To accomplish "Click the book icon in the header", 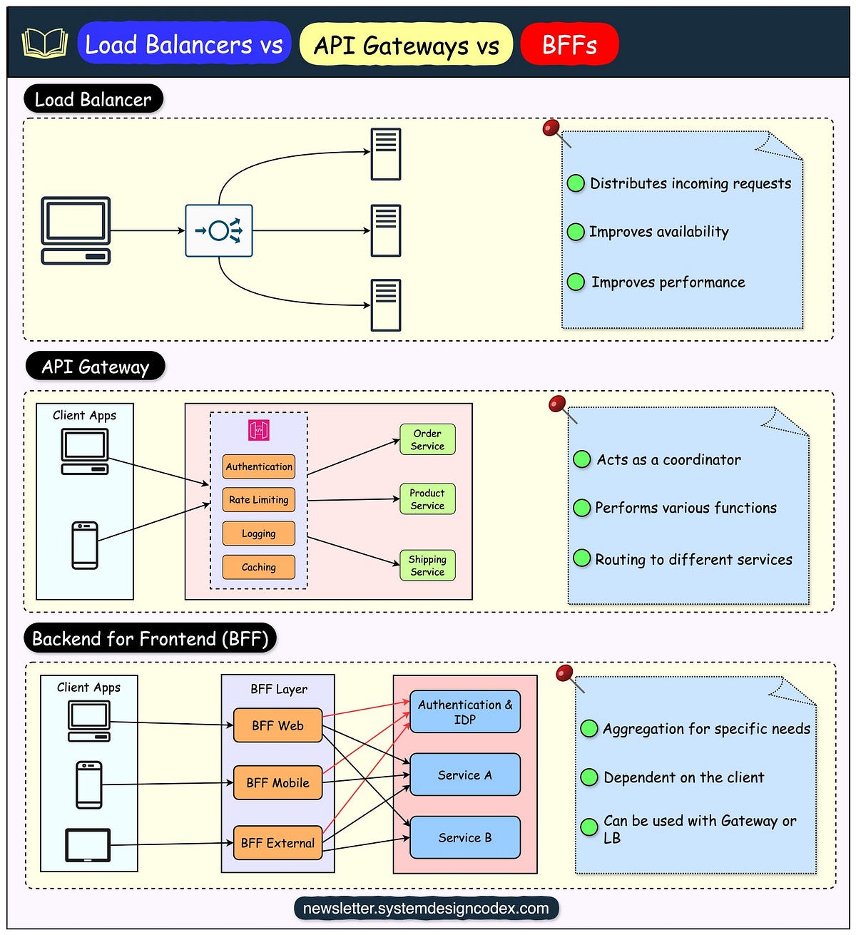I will pyautogui.click(x=44, y=44).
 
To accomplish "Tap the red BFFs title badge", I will pyautogui.click(x=569, y=45).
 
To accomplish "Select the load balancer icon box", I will pyautogui.click(x=219, y=231).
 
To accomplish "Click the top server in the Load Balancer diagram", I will pyautogui.click(x=386, y=154).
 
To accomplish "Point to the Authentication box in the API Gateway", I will pyautogui.click(x=259, y=466).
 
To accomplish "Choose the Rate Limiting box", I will pyautogui.click(x=259, y=500).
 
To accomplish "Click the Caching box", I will pyautogui.click(x=259, y=567).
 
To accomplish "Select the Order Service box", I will pyautogui.click(x=427, y=439).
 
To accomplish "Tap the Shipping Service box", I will pyautogui.click(x=427, y=566).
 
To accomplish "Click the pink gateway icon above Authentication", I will pyautogui.click(x=259, y=430).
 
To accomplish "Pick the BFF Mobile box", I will pyautogui.click(x=277, y=782).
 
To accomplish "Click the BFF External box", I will pyautogui.click(x=277, y=843).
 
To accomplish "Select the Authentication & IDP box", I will pyautogui.click(x=465, y=712).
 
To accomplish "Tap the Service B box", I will pyautogui.click(x=465, y=837).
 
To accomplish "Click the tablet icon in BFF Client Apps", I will pyautogui.click(x=88, y=845).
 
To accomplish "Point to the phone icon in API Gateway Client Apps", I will pyautogui.click(x=85, y=546).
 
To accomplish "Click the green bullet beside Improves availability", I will pyautogui.click(x=576, y=232).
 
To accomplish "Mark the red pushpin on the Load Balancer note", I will pyautogui.click(x=551, y=128).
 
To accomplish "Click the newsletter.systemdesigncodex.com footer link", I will pyautogui.click(x=426, y=909).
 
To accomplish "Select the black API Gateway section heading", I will pyautogui.click(x=95, y=367).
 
